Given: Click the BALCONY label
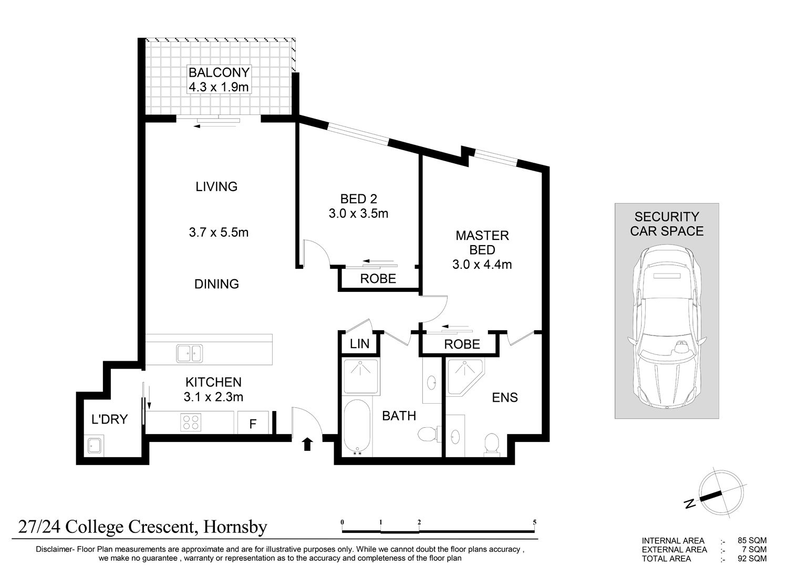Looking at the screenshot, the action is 219,72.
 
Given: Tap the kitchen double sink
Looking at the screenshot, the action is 190,354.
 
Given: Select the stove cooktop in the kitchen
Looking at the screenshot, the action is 191,422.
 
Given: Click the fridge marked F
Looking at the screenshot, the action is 253,423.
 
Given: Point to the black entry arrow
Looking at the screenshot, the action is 308,444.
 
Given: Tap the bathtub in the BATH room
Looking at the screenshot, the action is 357,428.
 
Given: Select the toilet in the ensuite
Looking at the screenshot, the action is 491,444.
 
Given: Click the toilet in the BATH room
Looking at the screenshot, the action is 429,434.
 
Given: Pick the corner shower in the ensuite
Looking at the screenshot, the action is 464,376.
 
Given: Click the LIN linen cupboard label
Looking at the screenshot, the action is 359,344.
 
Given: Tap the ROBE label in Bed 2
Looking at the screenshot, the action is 378,279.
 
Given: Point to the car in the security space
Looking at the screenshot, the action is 667,327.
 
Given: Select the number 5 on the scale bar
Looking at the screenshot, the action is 534,522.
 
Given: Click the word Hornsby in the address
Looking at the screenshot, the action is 235,527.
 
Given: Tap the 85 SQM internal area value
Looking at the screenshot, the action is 752,541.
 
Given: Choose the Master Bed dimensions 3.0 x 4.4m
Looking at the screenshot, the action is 482,265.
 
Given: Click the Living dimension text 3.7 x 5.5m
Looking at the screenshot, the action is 219,233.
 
